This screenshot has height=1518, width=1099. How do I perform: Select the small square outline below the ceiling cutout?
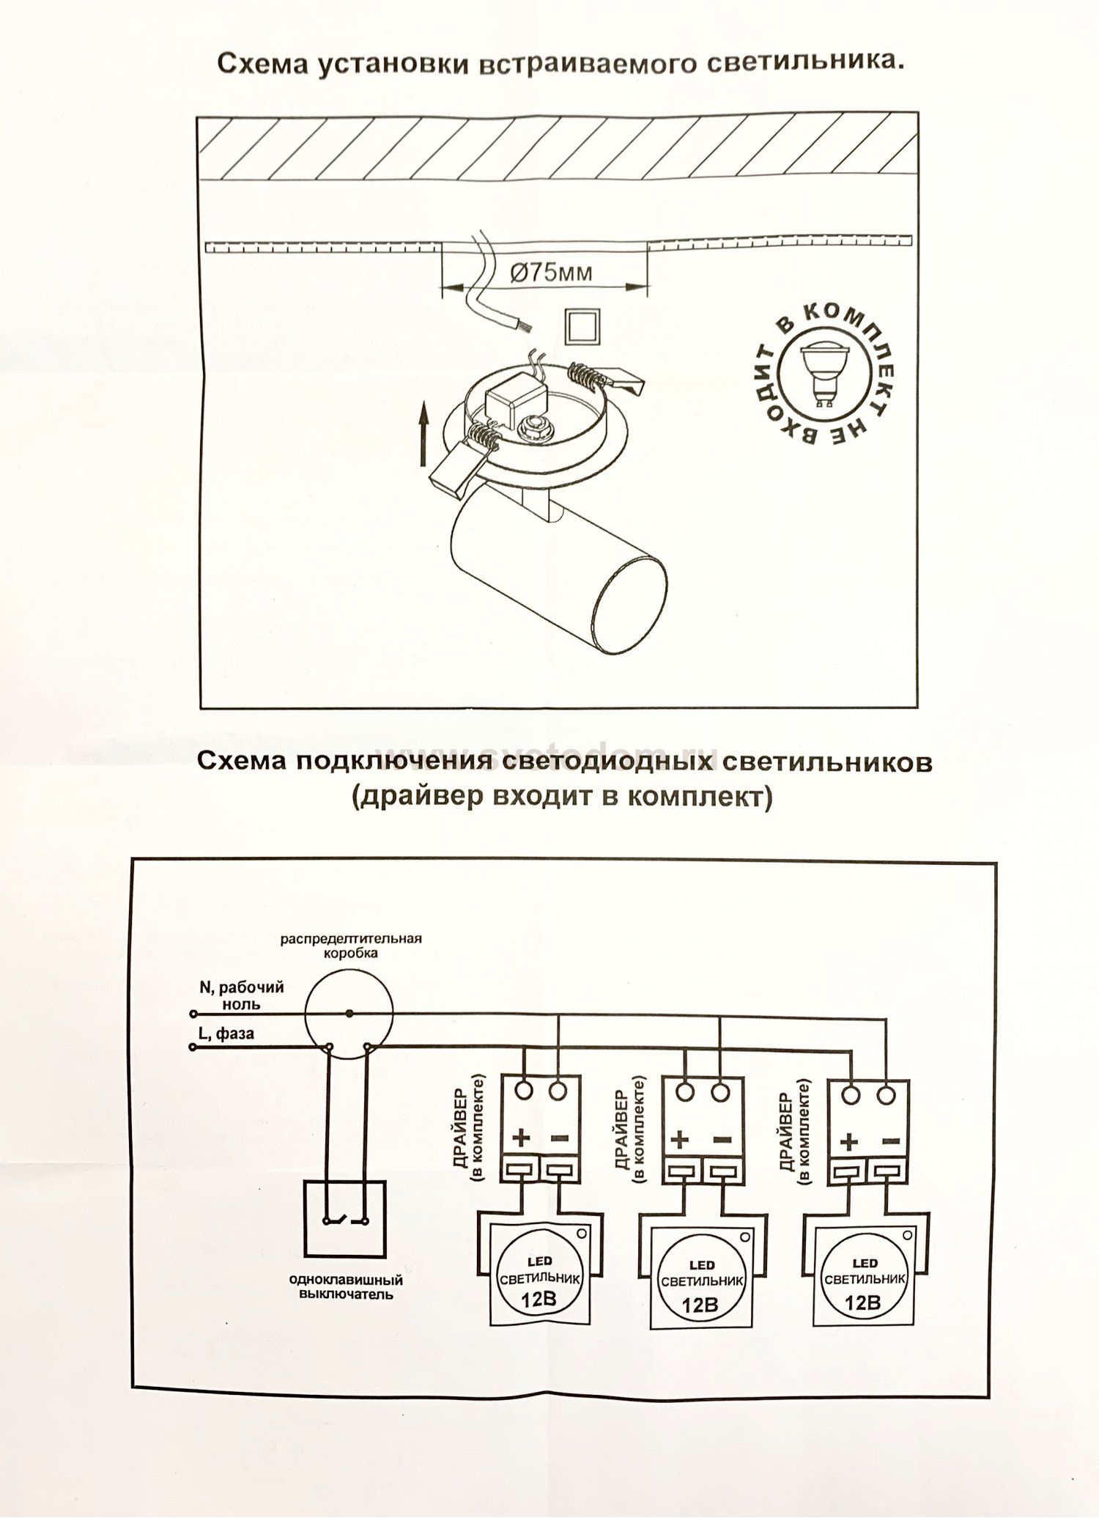pyautogui.click(x=582, y=325)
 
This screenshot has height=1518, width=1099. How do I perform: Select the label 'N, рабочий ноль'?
pyautogui.click(x=241, y=995)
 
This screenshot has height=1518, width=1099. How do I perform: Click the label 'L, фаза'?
pyautogui.click(x=226, y=1034)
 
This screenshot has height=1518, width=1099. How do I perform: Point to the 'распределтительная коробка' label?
pyautogui.click(x=352, y=946)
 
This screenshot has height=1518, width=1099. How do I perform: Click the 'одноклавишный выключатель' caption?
pyautogui.click(x=346, y=1287)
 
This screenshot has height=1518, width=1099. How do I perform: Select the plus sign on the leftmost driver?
pyautogui.click(x=522, y=1138)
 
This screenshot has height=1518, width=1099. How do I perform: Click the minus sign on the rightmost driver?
pyautogui.click(x=892, y=1141)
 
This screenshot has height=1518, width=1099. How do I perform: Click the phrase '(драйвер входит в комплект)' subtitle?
pyautogui.click(x=562, y=797)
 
